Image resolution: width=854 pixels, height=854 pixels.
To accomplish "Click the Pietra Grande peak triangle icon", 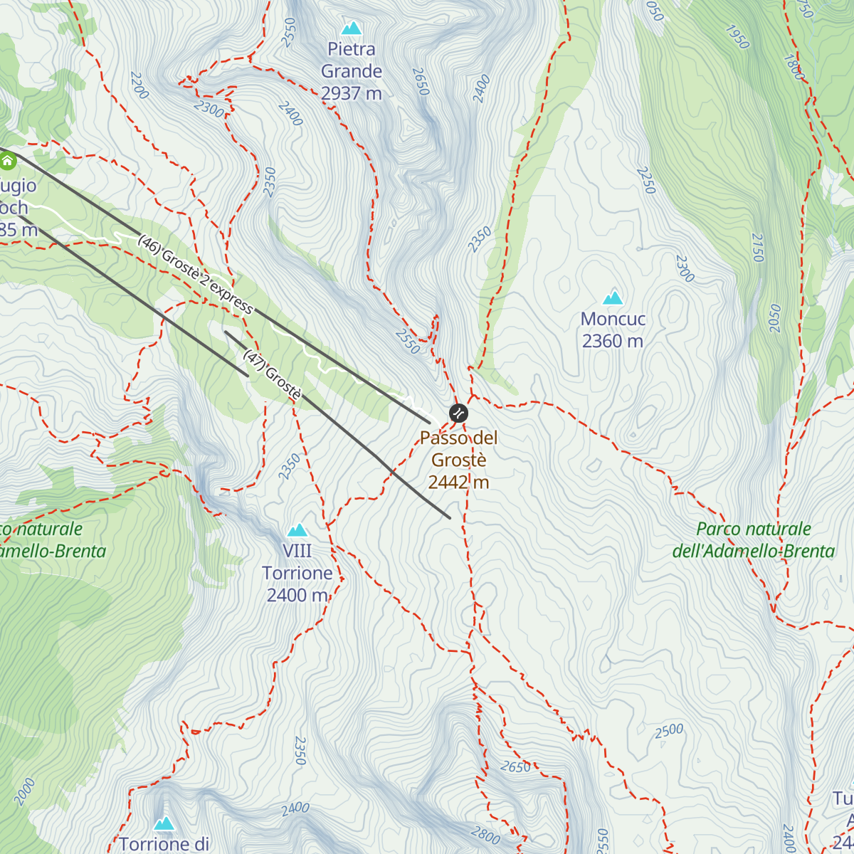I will click(352, 28).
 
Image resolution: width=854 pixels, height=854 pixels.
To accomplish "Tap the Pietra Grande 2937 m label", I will click(352, 71).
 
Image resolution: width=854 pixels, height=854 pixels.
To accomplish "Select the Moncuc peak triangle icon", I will click(613, 298).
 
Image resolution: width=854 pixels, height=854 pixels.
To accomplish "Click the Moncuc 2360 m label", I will click(613, 330).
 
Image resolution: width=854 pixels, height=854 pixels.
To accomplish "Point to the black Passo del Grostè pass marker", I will click(459, 413).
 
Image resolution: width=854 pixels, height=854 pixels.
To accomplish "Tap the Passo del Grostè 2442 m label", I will click(459, 460).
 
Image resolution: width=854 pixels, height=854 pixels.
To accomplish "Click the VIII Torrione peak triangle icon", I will click(297, 530).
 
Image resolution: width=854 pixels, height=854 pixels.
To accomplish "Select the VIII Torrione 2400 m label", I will click(297, 573).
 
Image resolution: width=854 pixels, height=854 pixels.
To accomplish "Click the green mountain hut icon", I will click(7, 162).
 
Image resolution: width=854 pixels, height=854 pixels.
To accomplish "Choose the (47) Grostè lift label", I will click(273, 374).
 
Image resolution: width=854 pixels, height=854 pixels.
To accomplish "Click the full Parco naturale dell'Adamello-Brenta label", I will click(754, 540).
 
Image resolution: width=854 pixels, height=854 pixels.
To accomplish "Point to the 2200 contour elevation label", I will click(139, 85).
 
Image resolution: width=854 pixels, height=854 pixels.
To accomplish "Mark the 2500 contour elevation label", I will click(669, 731).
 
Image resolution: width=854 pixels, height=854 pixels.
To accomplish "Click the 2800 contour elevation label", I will click(485, 834).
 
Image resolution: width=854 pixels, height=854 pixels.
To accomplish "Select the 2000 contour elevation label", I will click(23, 792).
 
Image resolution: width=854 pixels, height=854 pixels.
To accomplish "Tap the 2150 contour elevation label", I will click(757, 248).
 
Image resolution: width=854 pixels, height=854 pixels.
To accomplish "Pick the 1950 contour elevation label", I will click(737, 37).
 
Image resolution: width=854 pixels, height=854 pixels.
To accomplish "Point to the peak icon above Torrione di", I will click(164, 823).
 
